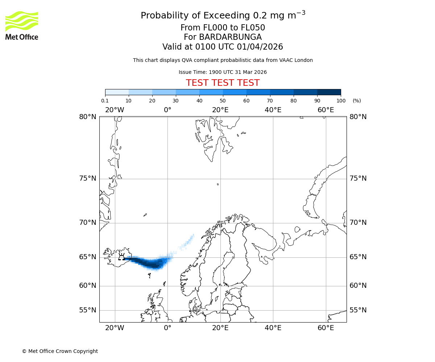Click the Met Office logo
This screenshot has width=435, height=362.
tap(22, 25)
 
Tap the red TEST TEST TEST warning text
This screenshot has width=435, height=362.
tap(223, 83)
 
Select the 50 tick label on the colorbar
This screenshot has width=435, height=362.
tap(223, 101)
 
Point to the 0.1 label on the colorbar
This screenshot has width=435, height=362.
tap(105, 101)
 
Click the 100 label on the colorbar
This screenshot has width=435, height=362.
tap(341, 101)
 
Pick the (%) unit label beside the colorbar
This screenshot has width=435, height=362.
tap(357, 101)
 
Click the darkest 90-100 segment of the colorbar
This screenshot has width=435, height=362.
tap(329, 92)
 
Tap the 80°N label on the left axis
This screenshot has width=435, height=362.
tap(88, 117)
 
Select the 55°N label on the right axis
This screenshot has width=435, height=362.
tap(358, 310)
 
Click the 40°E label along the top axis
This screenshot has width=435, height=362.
tap(273, 110)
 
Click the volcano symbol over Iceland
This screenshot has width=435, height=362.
tap(121, 257)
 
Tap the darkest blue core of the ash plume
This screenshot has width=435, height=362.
tap(154, 265)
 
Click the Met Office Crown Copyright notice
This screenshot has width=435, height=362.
tap(60, 351)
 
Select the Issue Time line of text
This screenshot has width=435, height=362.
tap(223, 72)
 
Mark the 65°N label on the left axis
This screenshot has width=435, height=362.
tap(88, 257)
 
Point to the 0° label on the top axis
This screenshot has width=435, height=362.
tap(167, 110)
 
